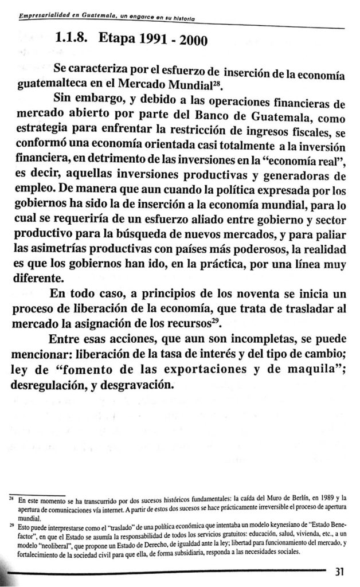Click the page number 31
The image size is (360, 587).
(338, 572)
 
